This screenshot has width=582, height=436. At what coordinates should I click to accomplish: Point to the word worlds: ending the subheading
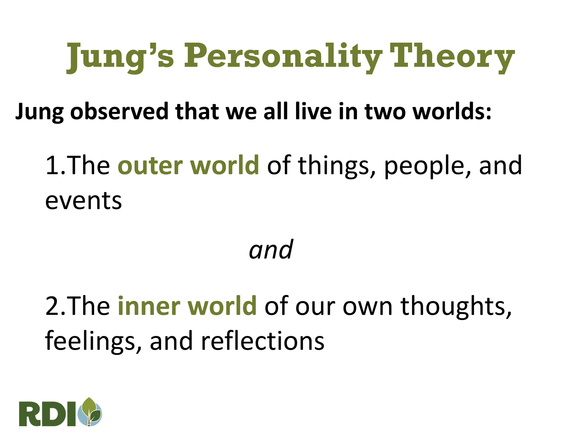point(452,111)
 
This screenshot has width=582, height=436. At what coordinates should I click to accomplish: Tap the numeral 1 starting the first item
point(52,165)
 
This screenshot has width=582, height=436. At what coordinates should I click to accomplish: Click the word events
point(84,201)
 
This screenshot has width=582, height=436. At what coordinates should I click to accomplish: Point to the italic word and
point(271,250)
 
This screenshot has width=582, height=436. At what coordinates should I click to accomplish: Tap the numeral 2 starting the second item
point(53,306)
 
